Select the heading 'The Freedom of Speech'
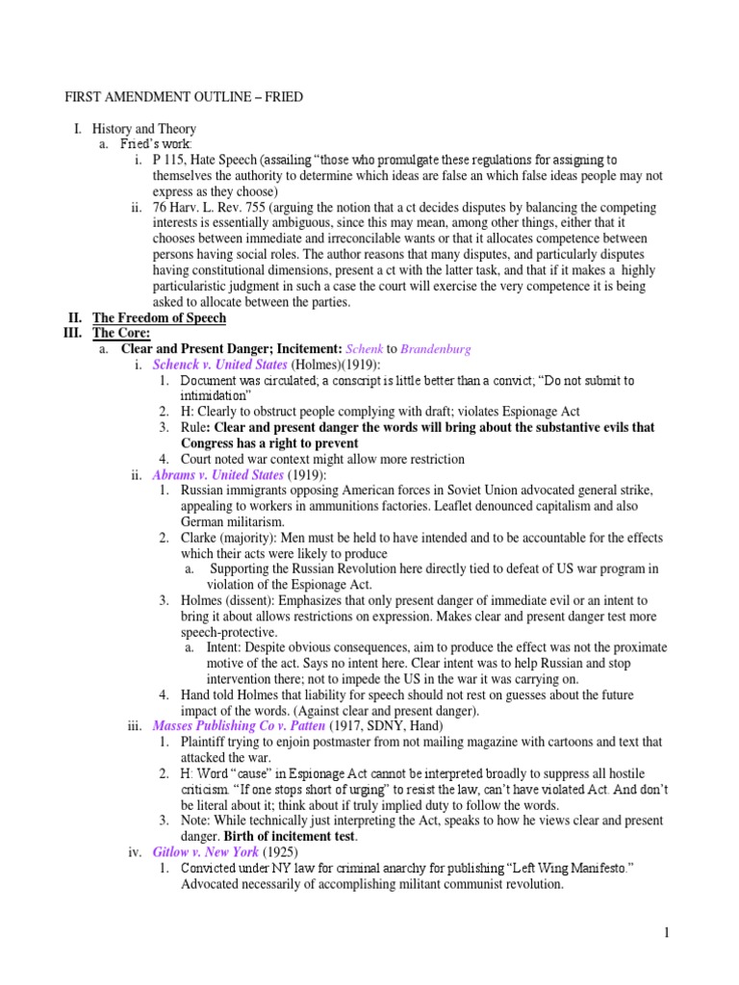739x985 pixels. click(159, 317)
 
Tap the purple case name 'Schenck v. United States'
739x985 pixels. click(220, 365)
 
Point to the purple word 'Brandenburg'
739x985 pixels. click(435, 348)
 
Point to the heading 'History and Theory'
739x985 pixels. click(143, 129)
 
